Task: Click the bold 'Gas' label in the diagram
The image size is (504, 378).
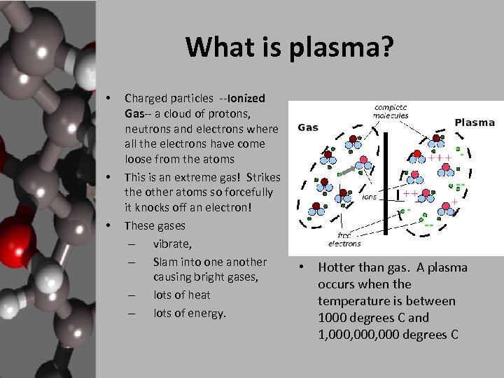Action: (x=308, y=127)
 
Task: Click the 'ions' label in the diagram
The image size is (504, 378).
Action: (x=369, y=197)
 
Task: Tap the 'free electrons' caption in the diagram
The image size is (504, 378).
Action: (x=344, y=239)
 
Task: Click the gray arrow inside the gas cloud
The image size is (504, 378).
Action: (x=347, y=169)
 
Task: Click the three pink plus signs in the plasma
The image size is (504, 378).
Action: (x=440, y=158)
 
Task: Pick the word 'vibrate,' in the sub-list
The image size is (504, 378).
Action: (x=172, y=244)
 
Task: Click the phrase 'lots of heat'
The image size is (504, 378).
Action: (x=181, y=295)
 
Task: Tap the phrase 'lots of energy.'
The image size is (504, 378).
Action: (x=190, y=313)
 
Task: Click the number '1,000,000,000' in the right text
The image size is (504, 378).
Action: (x=353, y=335)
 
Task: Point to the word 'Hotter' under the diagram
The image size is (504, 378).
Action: (x=339, y=267)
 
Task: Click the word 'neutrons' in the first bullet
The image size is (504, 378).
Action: (x=147, y=129)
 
